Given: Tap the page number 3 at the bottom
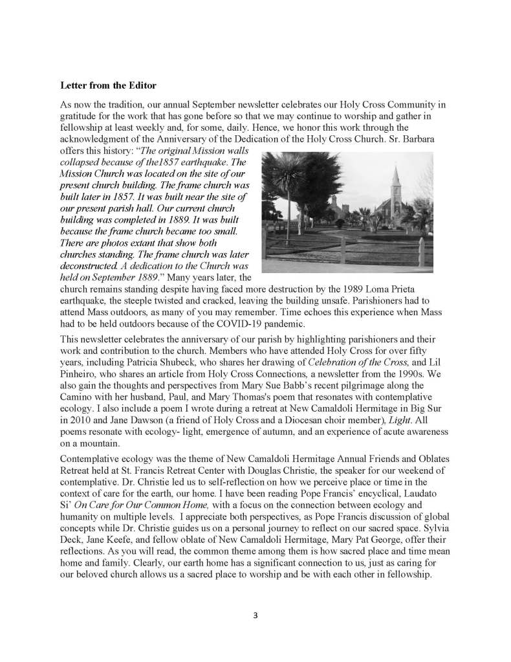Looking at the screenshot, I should [x=255, y=615].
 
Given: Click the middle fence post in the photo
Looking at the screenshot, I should [x=345, y=259].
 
